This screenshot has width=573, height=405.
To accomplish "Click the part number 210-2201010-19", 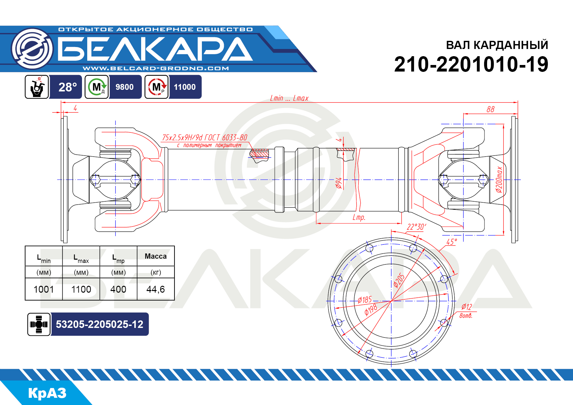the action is point(471,64).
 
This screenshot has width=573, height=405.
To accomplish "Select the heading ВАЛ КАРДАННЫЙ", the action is point(497,45).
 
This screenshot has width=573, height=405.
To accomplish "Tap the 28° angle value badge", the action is point(67,87).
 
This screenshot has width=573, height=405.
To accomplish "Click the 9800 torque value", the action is point(124,87).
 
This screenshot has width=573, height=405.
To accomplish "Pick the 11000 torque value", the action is point(185,87).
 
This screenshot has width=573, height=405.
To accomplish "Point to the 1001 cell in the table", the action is point(44,289).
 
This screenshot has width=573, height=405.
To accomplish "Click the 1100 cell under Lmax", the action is point(81,289).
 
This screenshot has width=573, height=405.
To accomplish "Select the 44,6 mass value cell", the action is point(156,289).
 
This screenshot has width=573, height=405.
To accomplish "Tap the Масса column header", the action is point(156,256).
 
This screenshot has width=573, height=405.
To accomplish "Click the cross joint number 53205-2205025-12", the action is point(99,324).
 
